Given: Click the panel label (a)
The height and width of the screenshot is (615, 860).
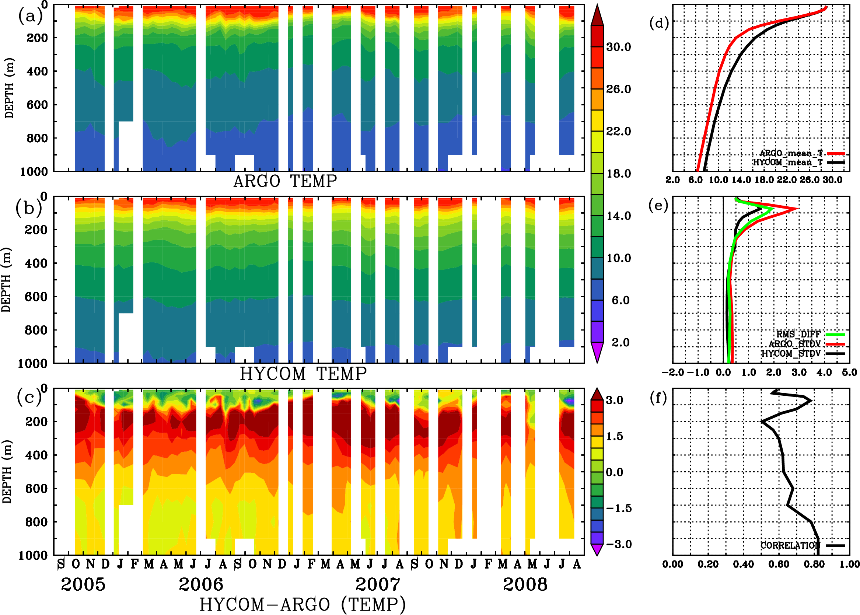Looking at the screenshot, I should pyautogui.click(x=30, y=16).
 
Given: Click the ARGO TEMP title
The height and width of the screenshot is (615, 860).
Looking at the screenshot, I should pyautogui.click(x=285, y=181).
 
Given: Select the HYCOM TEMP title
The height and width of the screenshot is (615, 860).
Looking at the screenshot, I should pyautogui.click(x=303, y=374).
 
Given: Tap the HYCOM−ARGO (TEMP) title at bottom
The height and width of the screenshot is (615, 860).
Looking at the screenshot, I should pyautogui.click(x=302, y=604).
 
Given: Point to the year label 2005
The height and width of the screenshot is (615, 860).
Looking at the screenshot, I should pyautogui.click(x=83, y=585).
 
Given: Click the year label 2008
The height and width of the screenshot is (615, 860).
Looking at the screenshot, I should pyautogui.click(x=525, y=585).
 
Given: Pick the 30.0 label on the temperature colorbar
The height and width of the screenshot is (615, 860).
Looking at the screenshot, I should pyautogui.click(x=618, y=47).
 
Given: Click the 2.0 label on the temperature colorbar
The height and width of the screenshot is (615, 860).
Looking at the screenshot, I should pyautogui.click(x=620, y=342).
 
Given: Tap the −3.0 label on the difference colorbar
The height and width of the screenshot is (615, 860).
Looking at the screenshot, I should pyautogui.click(x=618, y=544).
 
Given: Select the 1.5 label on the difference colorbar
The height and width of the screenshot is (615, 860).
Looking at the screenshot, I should pyautogui.click(x=614, y=436).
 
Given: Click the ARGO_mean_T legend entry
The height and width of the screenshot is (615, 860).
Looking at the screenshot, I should pyautogui.click(x=791, y=153).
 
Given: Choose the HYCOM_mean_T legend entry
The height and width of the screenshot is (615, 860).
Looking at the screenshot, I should pyautogui.click(x=788, y=163).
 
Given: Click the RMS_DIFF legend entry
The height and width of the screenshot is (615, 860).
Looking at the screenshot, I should pyautogui.click(x=798, y=334).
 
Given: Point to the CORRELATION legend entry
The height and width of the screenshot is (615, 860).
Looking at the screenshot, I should pyautogui.click(x=790, y=545).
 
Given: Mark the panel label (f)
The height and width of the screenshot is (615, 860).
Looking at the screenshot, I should pyautogui.click(x=658, y=398).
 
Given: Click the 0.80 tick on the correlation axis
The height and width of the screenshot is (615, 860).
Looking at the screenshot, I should pyautogui.click(x=814, y=564).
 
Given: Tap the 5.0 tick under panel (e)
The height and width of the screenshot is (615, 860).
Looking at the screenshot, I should pyautogui.click(x=849, y=372).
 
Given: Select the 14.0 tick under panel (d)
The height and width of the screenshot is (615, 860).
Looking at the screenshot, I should pyautogui.click(x=741, y=180).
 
